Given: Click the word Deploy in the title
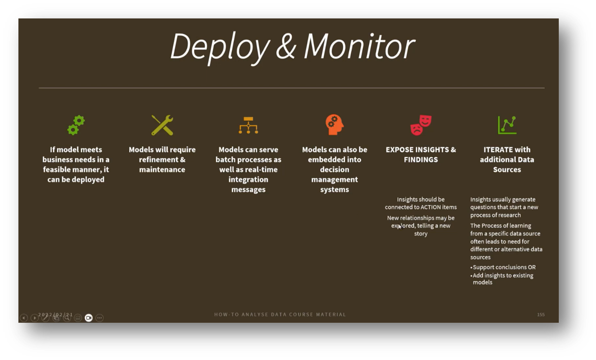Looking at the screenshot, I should [220, 47].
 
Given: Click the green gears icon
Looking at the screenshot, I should [76, 125].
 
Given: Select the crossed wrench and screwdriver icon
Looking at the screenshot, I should [162, 125].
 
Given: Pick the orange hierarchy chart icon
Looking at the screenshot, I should [248, 125].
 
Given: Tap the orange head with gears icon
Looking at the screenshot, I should [334, 125].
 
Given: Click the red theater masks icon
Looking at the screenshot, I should [421, 125].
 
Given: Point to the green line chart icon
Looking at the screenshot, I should [507, 125].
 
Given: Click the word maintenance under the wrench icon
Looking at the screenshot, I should [162, 170].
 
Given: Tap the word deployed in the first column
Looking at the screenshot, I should [88, 180].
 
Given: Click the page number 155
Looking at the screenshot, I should [541, 315].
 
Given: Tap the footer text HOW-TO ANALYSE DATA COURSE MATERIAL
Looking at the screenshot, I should [280, 315].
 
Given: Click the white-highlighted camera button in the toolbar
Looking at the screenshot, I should [89, 318].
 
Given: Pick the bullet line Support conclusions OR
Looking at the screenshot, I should [504, 267].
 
